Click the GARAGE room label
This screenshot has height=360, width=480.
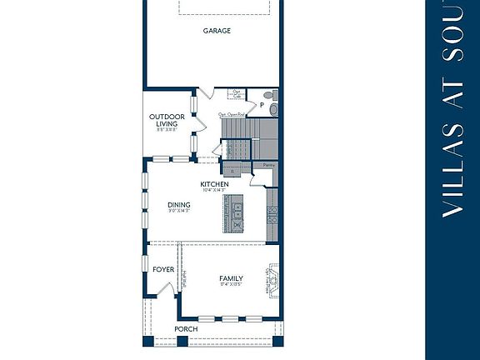click(x=217, y=31)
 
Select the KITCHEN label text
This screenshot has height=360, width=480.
click(x=214, y=184)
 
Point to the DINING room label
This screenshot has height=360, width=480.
click(x=178, y=204)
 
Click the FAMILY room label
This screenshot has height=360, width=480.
click(x=231, y=278)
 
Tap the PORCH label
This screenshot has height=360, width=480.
click(x=186, y=329)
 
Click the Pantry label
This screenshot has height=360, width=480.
click(x=268, y=166)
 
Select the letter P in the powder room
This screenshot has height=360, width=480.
click(x=260, y=106)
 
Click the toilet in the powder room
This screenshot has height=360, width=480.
click(x=272, y=107)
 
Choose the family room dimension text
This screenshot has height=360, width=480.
click(x=231, y=286)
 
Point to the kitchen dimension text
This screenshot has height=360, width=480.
click(x=214, y=191)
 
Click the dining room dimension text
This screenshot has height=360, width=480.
click(x=178, y=212)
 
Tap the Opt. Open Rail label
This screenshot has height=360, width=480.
click(x=231, y=114)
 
